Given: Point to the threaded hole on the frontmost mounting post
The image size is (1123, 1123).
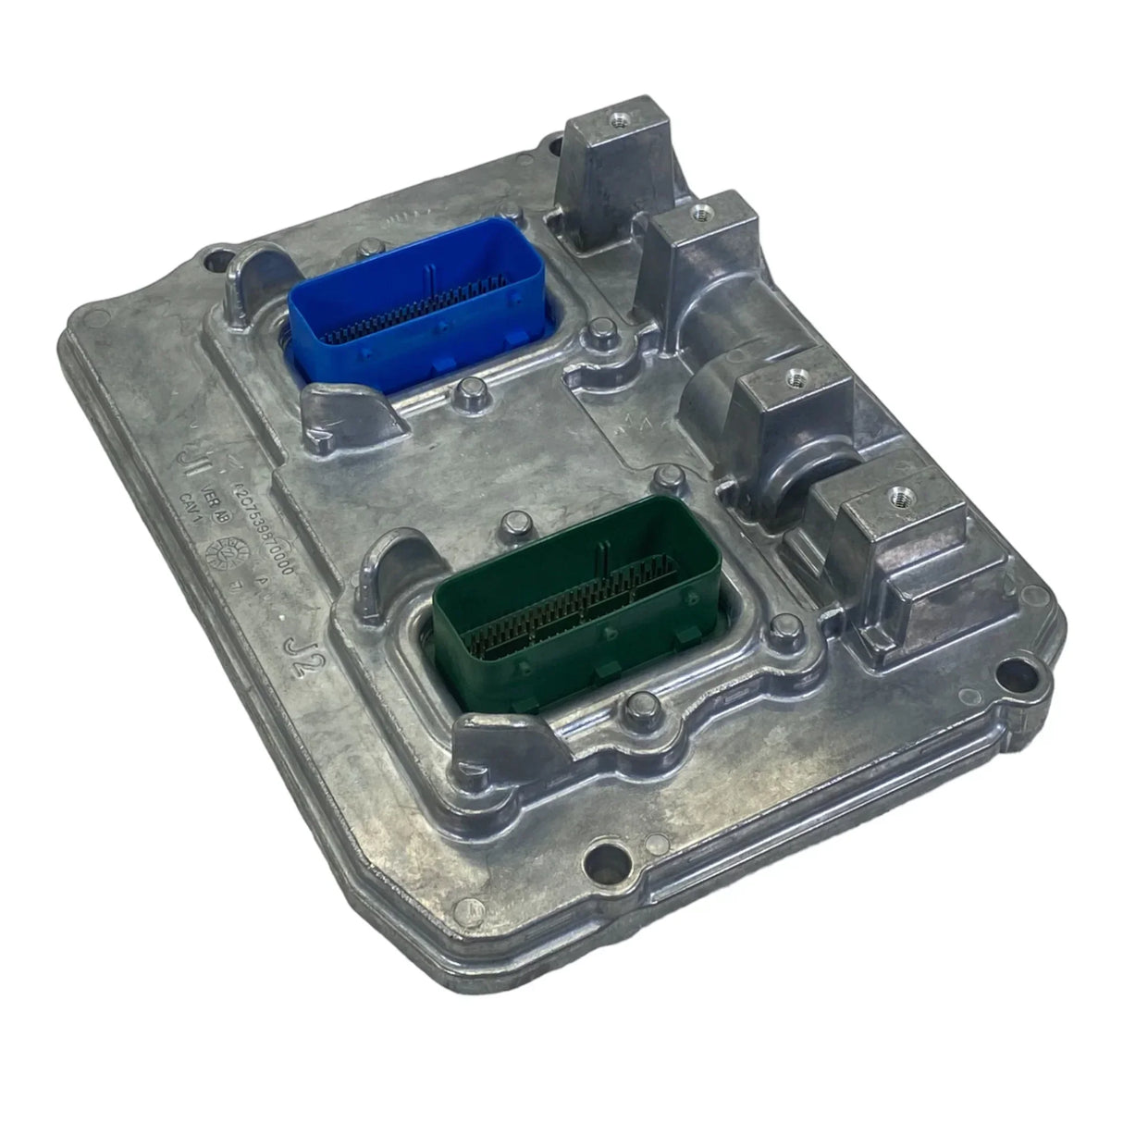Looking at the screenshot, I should (895, 497).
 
